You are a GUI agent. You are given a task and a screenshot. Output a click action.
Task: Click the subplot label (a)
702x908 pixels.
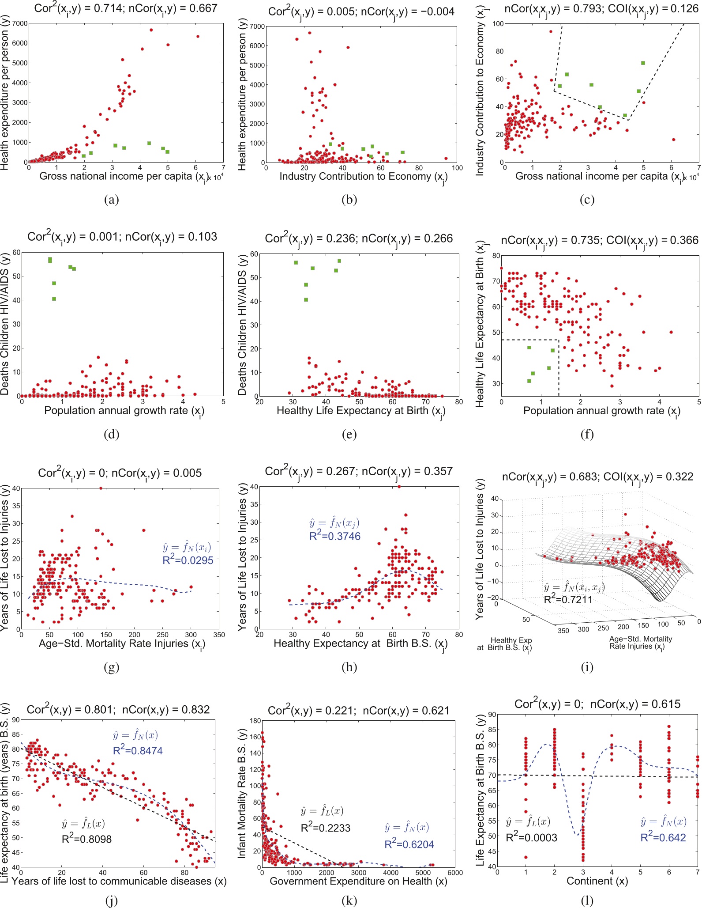pos(111,200)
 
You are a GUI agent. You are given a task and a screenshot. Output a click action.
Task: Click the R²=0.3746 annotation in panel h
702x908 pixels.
pos(334,536)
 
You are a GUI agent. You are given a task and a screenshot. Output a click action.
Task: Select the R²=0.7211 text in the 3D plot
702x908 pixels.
pos(568,599)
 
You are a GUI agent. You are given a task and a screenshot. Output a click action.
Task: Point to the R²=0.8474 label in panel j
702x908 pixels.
pos(138,750)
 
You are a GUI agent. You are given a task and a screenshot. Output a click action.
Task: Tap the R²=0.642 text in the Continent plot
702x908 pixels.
pos(663,837)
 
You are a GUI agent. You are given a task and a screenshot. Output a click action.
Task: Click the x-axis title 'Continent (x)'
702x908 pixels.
pos(597,881)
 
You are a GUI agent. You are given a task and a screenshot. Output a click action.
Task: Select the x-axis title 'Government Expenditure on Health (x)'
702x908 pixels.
pos(358,881)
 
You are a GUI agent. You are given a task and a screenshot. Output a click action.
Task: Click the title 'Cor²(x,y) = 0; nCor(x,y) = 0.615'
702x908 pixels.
pos(597,704)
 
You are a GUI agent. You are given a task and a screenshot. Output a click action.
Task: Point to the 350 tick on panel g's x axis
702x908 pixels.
pos(219,635)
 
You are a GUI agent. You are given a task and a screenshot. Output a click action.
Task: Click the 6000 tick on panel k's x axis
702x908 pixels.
pos(455,873)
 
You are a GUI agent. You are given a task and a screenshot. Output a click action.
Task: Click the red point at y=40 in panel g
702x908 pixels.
pos(101,488)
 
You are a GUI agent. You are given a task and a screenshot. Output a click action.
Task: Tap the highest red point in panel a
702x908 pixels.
pos(151,30)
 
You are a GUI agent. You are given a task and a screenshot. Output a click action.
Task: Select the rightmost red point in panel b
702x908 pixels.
pos(446,158)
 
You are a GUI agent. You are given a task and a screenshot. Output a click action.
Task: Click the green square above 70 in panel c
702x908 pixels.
pos(643,63)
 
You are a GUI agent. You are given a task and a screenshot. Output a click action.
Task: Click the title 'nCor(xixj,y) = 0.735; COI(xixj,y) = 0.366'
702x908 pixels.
pos(600,240)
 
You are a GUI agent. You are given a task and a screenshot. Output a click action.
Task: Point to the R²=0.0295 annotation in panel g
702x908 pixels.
pos(188,560)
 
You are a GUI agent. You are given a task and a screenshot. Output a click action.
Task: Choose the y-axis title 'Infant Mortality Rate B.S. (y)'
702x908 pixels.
pos(242,793)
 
